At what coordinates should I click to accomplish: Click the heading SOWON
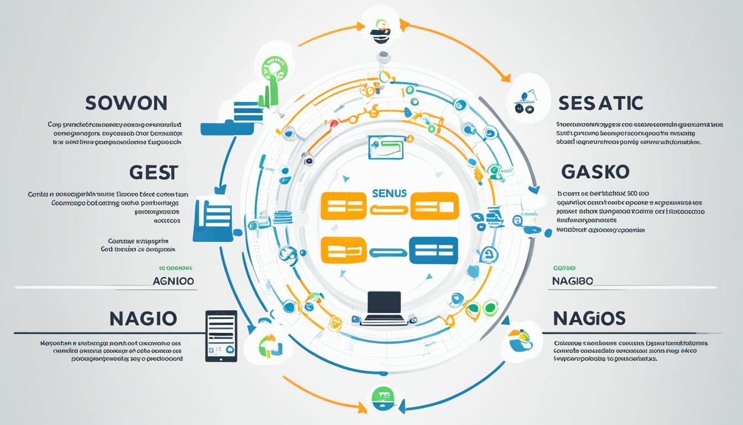(127, 103)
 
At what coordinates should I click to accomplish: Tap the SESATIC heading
(600, 103)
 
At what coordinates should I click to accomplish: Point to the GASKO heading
(595, 172)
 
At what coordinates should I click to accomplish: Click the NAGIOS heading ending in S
(589, 318)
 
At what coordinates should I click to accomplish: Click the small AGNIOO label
(173, 281)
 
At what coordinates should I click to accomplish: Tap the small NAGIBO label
(572, 281)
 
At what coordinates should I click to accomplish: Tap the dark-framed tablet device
(221, 336)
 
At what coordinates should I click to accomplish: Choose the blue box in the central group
(433, 250)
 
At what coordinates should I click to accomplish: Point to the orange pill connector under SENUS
(389, 209)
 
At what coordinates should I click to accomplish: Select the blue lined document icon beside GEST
(212, 221)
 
